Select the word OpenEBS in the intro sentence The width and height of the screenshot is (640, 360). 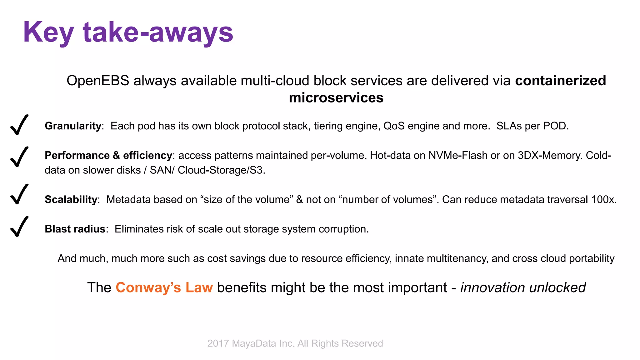tap(98, 81)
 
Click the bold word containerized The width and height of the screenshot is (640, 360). tap(560, 81)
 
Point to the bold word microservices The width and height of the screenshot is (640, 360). tap(336, 98)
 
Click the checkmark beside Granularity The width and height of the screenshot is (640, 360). tap(19, 125)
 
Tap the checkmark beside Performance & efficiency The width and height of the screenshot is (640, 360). tap(19, 157)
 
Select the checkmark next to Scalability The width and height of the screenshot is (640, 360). tap(19, 194)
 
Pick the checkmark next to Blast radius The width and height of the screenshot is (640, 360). tap(19, 227)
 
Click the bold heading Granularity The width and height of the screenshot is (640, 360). tap(73, 126)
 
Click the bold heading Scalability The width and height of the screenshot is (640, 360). tap(71, 199)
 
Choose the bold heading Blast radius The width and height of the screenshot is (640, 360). tap(75, 229)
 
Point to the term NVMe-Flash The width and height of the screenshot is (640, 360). tap(458, 155)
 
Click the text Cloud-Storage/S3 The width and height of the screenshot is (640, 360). tap(221, 170)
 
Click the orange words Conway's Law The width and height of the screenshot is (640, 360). tap(164, 287)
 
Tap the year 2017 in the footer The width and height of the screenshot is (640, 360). tap(218, 343)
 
